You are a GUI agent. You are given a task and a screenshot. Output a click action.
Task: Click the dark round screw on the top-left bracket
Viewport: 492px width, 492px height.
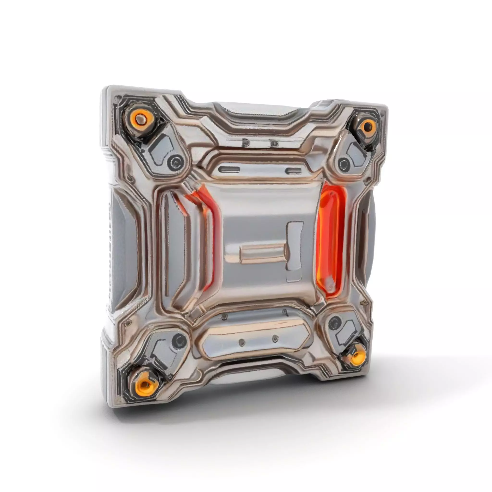pyautogui.click(x=175, y=161)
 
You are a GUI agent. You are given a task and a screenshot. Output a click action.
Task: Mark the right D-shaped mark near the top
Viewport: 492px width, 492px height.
pyautogui.click(x=274, y=144)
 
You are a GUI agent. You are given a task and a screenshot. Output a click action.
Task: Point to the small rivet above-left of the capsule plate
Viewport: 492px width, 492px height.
pyautogui.click(x=224, y=317)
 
